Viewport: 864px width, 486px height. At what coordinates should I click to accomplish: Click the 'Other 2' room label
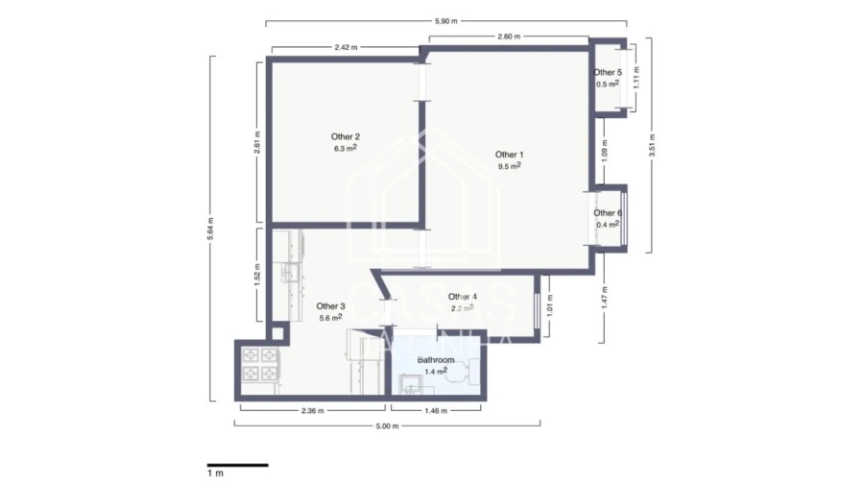pos(346,136)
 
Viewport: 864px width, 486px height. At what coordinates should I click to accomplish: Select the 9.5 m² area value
pos(509,166)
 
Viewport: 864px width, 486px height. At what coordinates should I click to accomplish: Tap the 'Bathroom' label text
pos(435,359)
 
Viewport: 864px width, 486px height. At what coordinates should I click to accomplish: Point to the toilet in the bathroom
pos(460,376)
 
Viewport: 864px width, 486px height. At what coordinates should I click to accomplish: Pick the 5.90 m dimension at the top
pos(446,19)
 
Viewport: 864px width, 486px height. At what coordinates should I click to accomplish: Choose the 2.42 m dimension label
pos(348,47)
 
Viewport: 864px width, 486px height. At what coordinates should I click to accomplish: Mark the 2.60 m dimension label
pos(510,36)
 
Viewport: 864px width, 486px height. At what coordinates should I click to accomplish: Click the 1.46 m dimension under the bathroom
pos(437,410)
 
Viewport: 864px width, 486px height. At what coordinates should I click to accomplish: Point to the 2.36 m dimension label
pos(311,410)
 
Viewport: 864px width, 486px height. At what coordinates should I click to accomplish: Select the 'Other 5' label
pos(607,72)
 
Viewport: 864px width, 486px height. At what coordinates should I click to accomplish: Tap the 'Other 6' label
pos(607,213)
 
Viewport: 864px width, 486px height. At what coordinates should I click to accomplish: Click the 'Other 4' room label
pos(462,297)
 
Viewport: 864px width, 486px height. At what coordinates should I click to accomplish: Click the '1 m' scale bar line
pos(237,465)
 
